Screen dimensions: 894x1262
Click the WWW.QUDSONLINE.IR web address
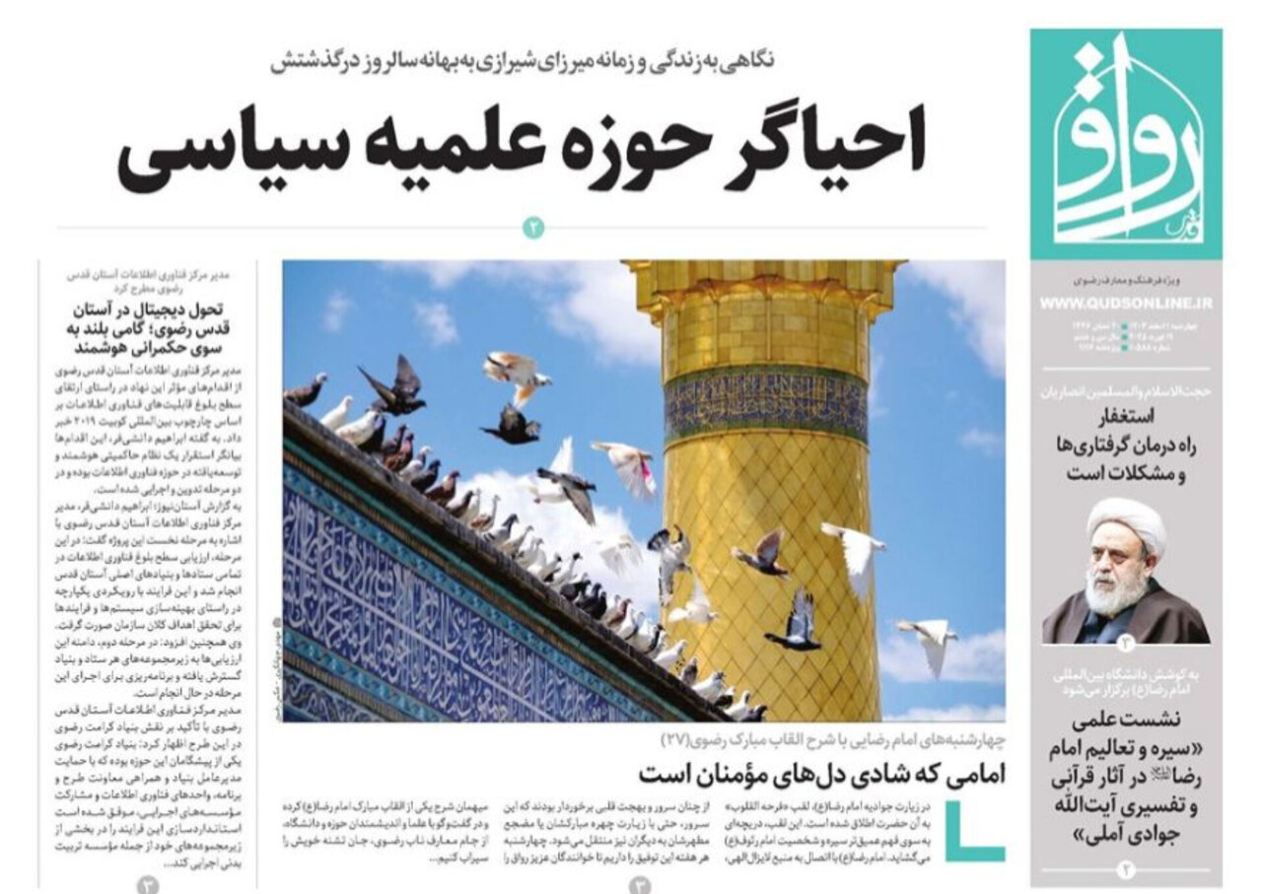tap(1127, 304)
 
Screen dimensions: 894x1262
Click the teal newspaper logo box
tap(1126, 143)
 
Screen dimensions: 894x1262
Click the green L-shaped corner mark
tap(976, 833)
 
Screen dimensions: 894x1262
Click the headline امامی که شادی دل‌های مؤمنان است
tap(820, 774)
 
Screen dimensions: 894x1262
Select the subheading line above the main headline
tap(523, 61)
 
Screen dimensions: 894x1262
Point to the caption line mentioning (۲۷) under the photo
tap(833, 739)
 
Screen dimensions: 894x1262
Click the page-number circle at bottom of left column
tap(148, 883)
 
